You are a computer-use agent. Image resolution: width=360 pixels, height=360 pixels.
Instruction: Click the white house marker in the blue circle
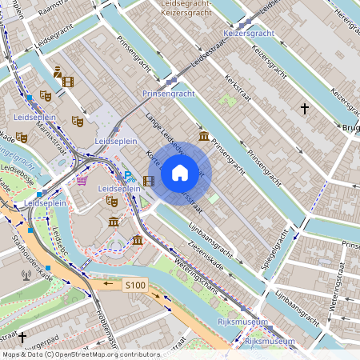click(x=180, y=173)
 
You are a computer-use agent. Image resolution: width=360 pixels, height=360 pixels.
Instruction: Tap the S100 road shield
click(x=135, y=285)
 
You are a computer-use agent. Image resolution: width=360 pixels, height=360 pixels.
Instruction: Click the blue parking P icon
click(x=127, y=177)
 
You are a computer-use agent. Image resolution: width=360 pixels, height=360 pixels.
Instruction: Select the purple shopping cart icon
click(x=82, y=181)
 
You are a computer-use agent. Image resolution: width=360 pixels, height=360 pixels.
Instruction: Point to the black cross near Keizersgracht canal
click(x=304, y=107)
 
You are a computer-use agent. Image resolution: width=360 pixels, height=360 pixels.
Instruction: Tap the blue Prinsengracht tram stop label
click(x=168, y=94)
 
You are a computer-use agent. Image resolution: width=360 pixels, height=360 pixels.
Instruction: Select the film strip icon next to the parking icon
click(x=149, y=181)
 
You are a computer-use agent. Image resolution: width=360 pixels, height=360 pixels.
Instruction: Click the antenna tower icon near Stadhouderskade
click(x=26, y=274)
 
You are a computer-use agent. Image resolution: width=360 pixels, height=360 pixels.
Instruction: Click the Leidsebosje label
click(x=15, y=175)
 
